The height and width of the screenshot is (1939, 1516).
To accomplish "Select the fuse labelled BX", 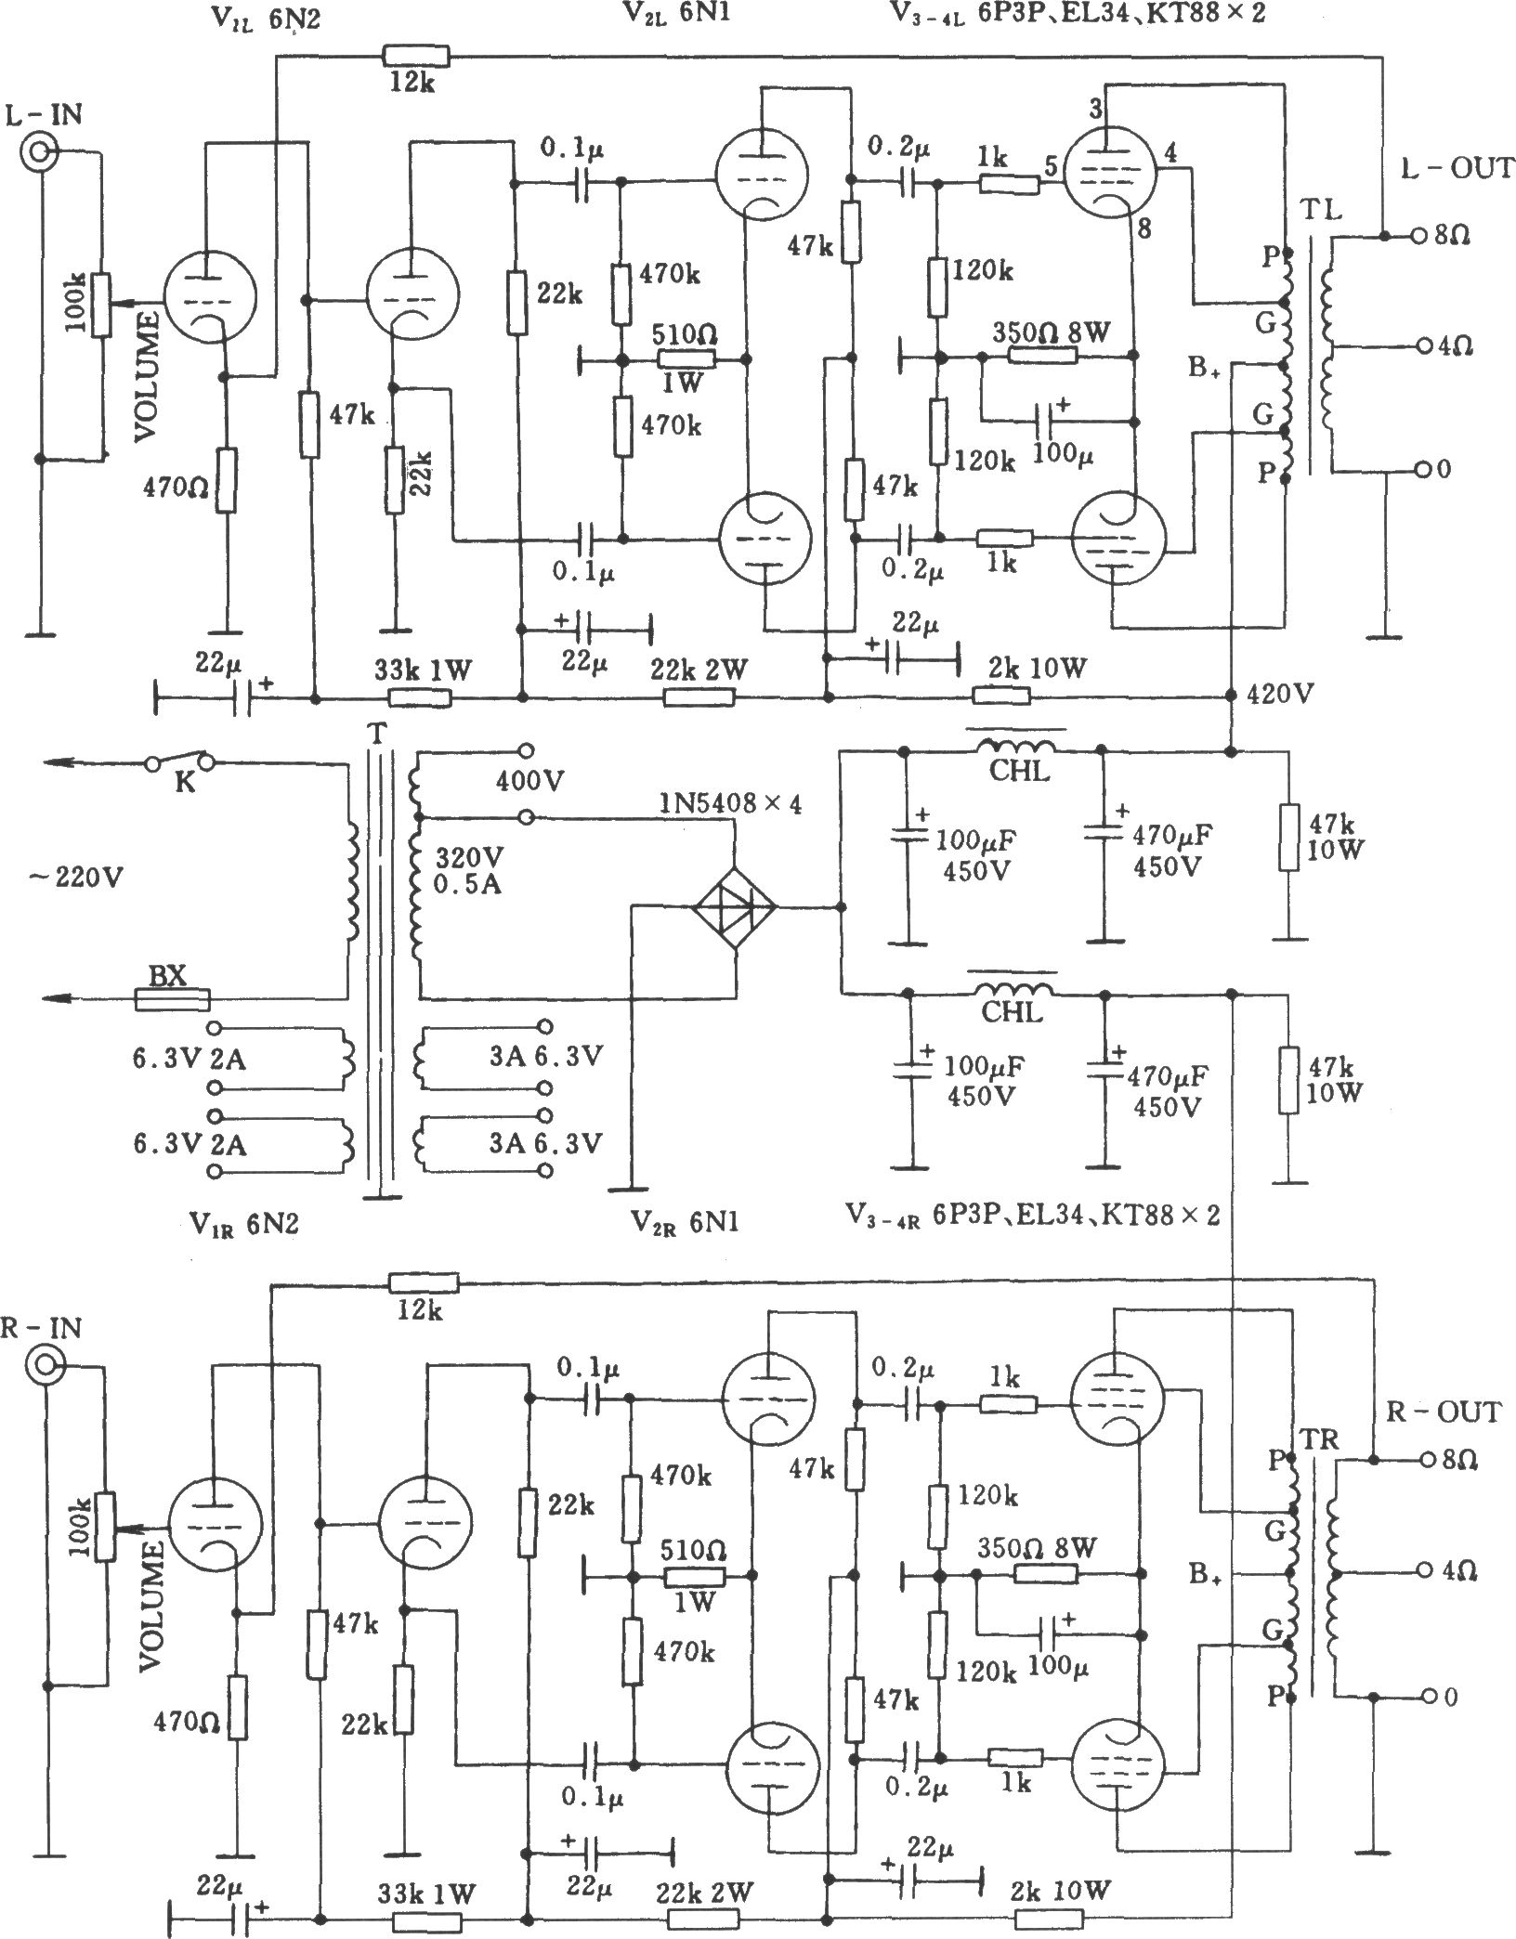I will (172, 999).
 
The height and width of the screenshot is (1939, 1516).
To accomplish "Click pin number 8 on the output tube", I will (1144, 229).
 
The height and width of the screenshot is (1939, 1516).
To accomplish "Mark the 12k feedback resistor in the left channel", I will (415, 58).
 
